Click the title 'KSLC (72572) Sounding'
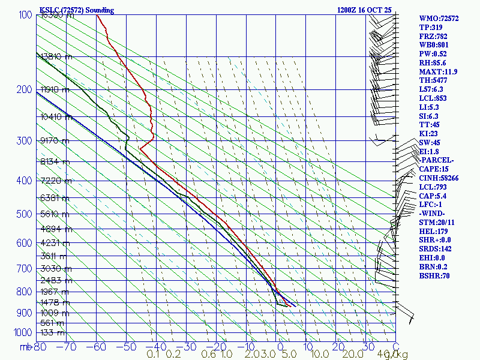[76, 10]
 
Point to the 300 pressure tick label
[24, 141]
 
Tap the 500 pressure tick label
[24, 214]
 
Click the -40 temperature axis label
[156, 346]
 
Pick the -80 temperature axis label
[41, 346]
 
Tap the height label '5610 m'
[56, 214]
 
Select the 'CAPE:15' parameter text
[434, 169]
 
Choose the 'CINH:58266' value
[439, 178]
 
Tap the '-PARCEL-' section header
[436, 160]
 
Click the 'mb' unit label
[25, 346]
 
